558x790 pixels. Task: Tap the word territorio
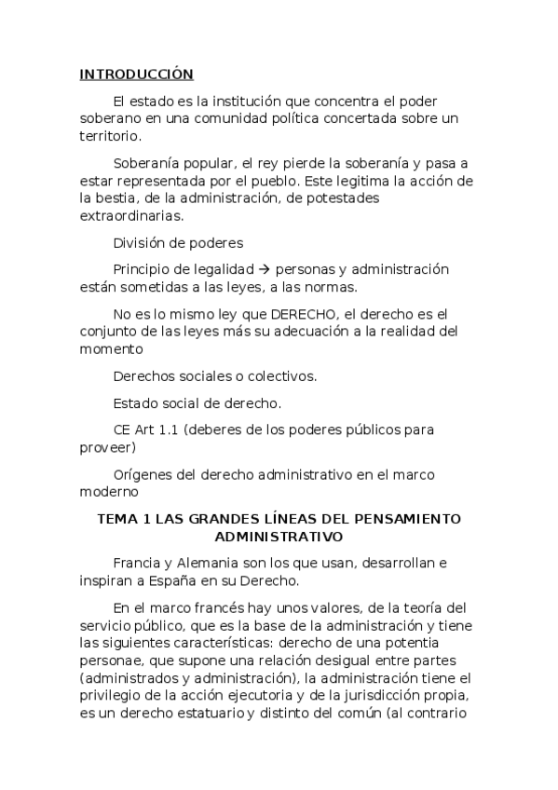click(x=112, y=135)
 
